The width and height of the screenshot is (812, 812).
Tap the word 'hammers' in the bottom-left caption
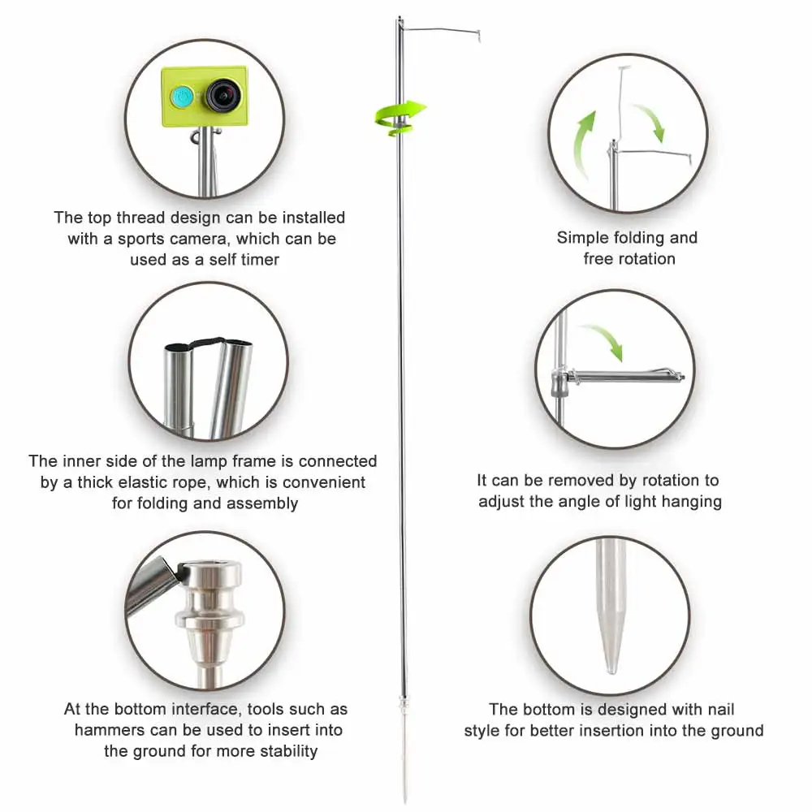(106, 730)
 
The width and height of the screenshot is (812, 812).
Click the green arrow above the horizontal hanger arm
(605, 340)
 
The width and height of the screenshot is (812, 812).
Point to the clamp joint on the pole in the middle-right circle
(558, 378)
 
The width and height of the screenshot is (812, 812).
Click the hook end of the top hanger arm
(480, 36)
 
